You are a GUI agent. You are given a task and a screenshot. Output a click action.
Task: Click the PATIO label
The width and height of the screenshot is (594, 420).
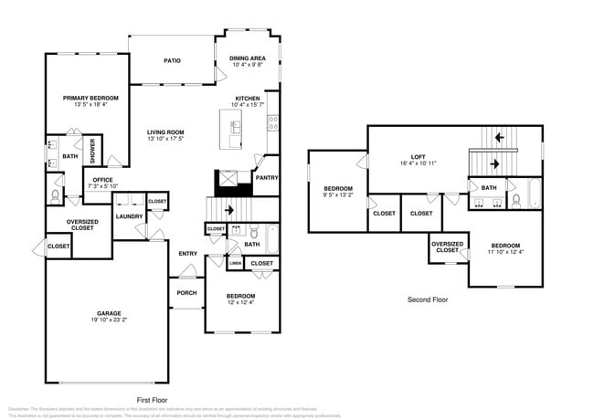[x=172, y=61]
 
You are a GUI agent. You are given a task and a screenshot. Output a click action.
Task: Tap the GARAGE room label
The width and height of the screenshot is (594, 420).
[x=109, y=312]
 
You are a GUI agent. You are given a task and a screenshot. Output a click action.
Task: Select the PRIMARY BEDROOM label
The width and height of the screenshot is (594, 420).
[x=85, y=98]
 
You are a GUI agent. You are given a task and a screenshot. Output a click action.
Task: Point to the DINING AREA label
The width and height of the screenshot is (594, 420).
[x=248, y=58]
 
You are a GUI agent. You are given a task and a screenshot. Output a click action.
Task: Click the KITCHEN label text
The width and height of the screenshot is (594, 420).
[x=248, y=99]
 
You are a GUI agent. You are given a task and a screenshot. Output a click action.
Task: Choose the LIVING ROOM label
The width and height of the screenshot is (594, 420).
[x=165, y=132]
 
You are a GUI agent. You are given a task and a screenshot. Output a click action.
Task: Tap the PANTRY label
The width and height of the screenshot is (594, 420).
[x=267, y=179]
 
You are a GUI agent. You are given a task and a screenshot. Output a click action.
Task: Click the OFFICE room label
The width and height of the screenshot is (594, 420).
[x=102, y=180]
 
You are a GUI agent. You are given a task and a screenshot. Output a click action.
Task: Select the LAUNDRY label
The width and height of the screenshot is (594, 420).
[x=129, y=216]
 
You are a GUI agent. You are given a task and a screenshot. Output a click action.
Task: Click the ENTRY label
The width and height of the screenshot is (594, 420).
[x=188, y=254]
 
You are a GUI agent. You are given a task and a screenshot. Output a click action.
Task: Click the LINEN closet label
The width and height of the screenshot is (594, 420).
[x=235, y=263]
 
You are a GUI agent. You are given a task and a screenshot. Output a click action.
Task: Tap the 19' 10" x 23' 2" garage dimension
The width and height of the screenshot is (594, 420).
[x=109, y=320]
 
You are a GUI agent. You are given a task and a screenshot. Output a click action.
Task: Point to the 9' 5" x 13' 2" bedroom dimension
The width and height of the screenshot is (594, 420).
[x=337, y=194]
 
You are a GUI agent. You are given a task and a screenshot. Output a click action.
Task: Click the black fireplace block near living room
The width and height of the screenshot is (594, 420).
[x=231, y=185]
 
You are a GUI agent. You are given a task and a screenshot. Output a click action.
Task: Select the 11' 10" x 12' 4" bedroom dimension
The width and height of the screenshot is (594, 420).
[x=504, y=252]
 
